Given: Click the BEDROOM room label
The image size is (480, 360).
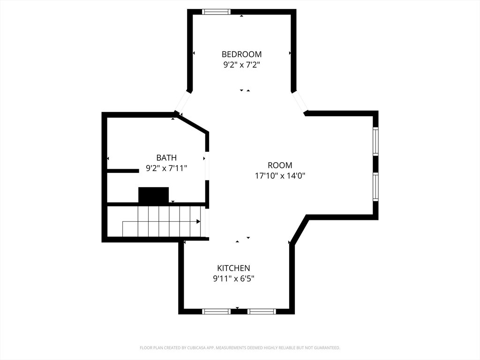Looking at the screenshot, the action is (241, 54).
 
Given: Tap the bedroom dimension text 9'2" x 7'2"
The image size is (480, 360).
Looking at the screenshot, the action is (241, 65).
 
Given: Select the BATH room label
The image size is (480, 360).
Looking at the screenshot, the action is (166, 157).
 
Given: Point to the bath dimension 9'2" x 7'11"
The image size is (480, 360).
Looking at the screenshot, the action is (166, 168).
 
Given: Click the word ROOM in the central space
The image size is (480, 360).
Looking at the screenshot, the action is (280, 165).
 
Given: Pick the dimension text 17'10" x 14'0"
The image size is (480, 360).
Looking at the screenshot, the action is (280, 176).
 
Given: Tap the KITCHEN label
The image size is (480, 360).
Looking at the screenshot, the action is (233, 268).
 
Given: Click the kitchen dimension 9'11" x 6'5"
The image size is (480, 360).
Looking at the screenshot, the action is (233, 278).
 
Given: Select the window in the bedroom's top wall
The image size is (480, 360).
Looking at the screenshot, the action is (216, 12).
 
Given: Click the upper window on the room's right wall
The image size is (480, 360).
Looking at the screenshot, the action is (375, 141).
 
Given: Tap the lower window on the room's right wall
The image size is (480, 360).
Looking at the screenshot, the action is (375, 187).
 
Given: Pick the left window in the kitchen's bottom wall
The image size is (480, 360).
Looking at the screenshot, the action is (216, 312).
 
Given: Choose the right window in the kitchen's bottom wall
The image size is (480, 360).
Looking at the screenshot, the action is (262, 312).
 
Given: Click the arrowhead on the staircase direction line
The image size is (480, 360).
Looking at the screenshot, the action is (198, 221).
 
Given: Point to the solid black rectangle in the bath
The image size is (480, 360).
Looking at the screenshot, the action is (153, 195).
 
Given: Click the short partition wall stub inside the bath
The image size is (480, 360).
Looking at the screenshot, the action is (123, 171).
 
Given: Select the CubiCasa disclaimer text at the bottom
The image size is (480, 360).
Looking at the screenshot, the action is (240, 348).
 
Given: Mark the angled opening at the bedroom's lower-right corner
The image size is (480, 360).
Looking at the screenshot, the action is (300, 101).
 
